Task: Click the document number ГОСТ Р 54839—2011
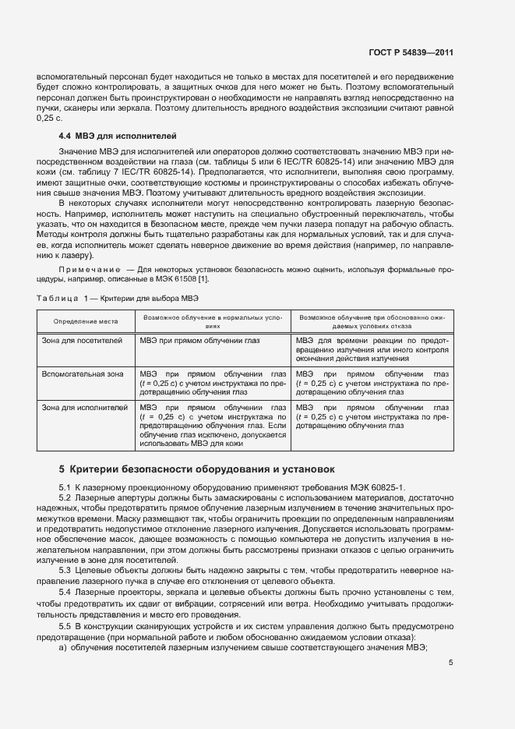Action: (411, 53)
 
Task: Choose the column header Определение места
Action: (86, 321)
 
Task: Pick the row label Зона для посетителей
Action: (82, 341)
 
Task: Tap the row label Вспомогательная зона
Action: (82, 374)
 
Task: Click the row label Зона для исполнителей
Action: (84, 407)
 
